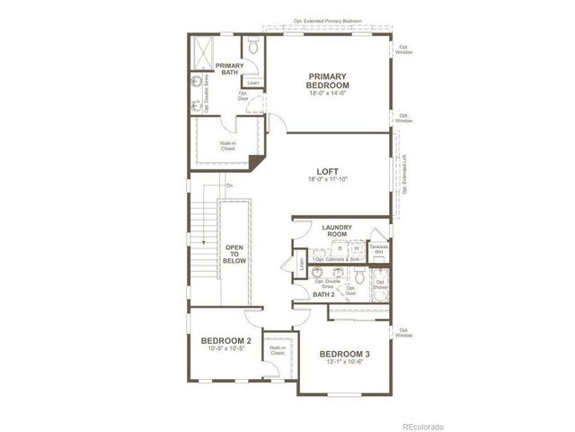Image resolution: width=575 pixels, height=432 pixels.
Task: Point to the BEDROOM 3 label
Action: point(344,355)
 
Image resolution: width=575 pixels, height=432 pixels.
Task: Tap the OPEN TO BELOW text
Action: point(234,254)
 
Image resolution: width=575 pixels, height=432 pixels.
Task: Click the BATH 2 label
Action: point(323,293)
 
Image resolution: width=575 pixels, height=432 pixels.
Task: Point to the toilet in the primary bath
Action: point(252,44)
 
